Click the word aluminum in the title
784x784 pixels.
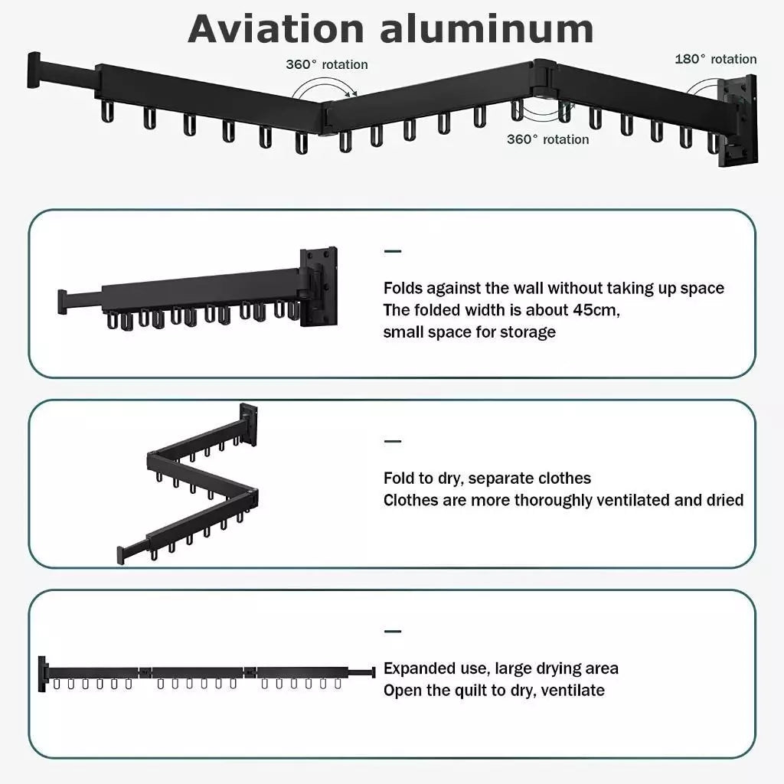coord(486,28)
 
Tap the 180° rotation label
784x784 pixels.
coord(715,59)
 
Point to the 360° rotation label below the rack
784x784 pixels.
coord(547,139)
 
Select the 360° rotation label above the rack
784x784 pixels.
coord(327,64)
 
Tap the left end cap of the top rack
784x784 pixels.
coord(34,69)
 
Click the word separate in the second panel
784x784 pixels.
coord(501,479)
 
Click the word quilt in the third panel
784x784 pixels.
coord(475,690)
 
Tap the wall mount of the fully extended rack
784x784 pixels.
coord(43,673)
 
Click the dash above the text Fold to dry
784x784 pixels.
coord(393,442)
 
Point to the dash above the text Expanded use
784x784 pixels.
coord(393,632)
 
